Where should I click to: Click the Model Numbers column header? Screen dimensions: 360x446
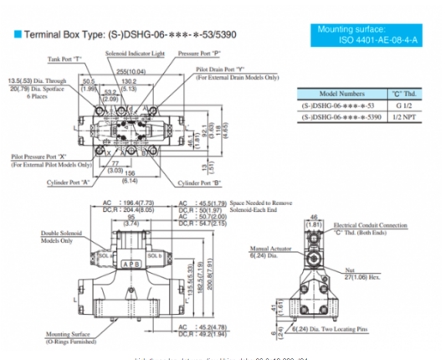[x=340, y=95]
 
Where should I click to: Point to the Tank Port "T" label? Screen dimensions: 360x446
[x=64, y=59]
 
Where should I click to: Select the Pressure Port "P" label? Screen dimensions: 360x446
[x=199, y=53]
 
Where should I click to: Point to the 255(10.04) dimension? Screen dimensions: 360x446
[x=132, y=73]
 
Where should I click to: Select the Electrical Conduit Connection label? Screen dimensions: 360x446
[x=370, y=225]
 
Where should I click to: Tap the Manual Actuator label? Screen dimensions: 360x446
[x=269, y=248]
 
